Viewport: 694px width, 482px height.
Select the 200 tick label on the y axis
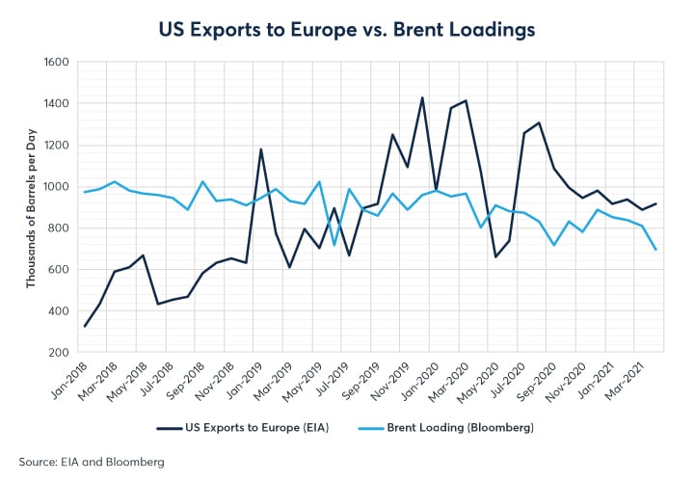58,353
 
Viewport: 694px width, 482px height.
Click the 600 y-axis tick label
58,270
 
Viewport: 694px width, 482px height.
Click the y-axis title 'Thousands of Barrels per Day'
31,207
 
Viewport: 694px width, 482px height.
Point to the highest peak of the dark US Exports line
422,97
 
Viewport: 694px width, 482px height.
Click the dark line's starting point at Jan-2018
84,326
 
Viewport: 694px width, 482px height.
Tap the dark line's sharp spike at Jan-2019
261,148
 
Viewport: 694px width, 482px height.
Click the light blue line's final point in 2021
656,250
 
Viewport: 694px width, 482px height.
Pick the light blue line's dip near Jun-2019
334,245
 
